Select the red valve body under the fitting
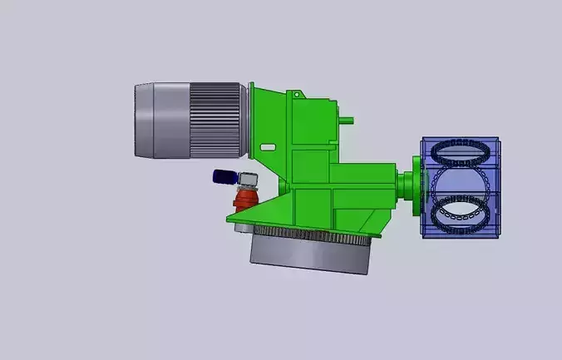point(245,200)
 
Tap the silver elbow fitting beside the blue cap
point(247,178)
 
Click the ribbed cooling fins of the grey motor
point(217,119)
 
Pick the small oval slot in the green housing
point(268,146)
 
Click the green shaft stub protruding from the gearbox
point(348,119)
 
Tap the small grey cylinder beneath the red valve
point(242,225)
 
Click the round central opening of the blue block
point(460,183)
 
